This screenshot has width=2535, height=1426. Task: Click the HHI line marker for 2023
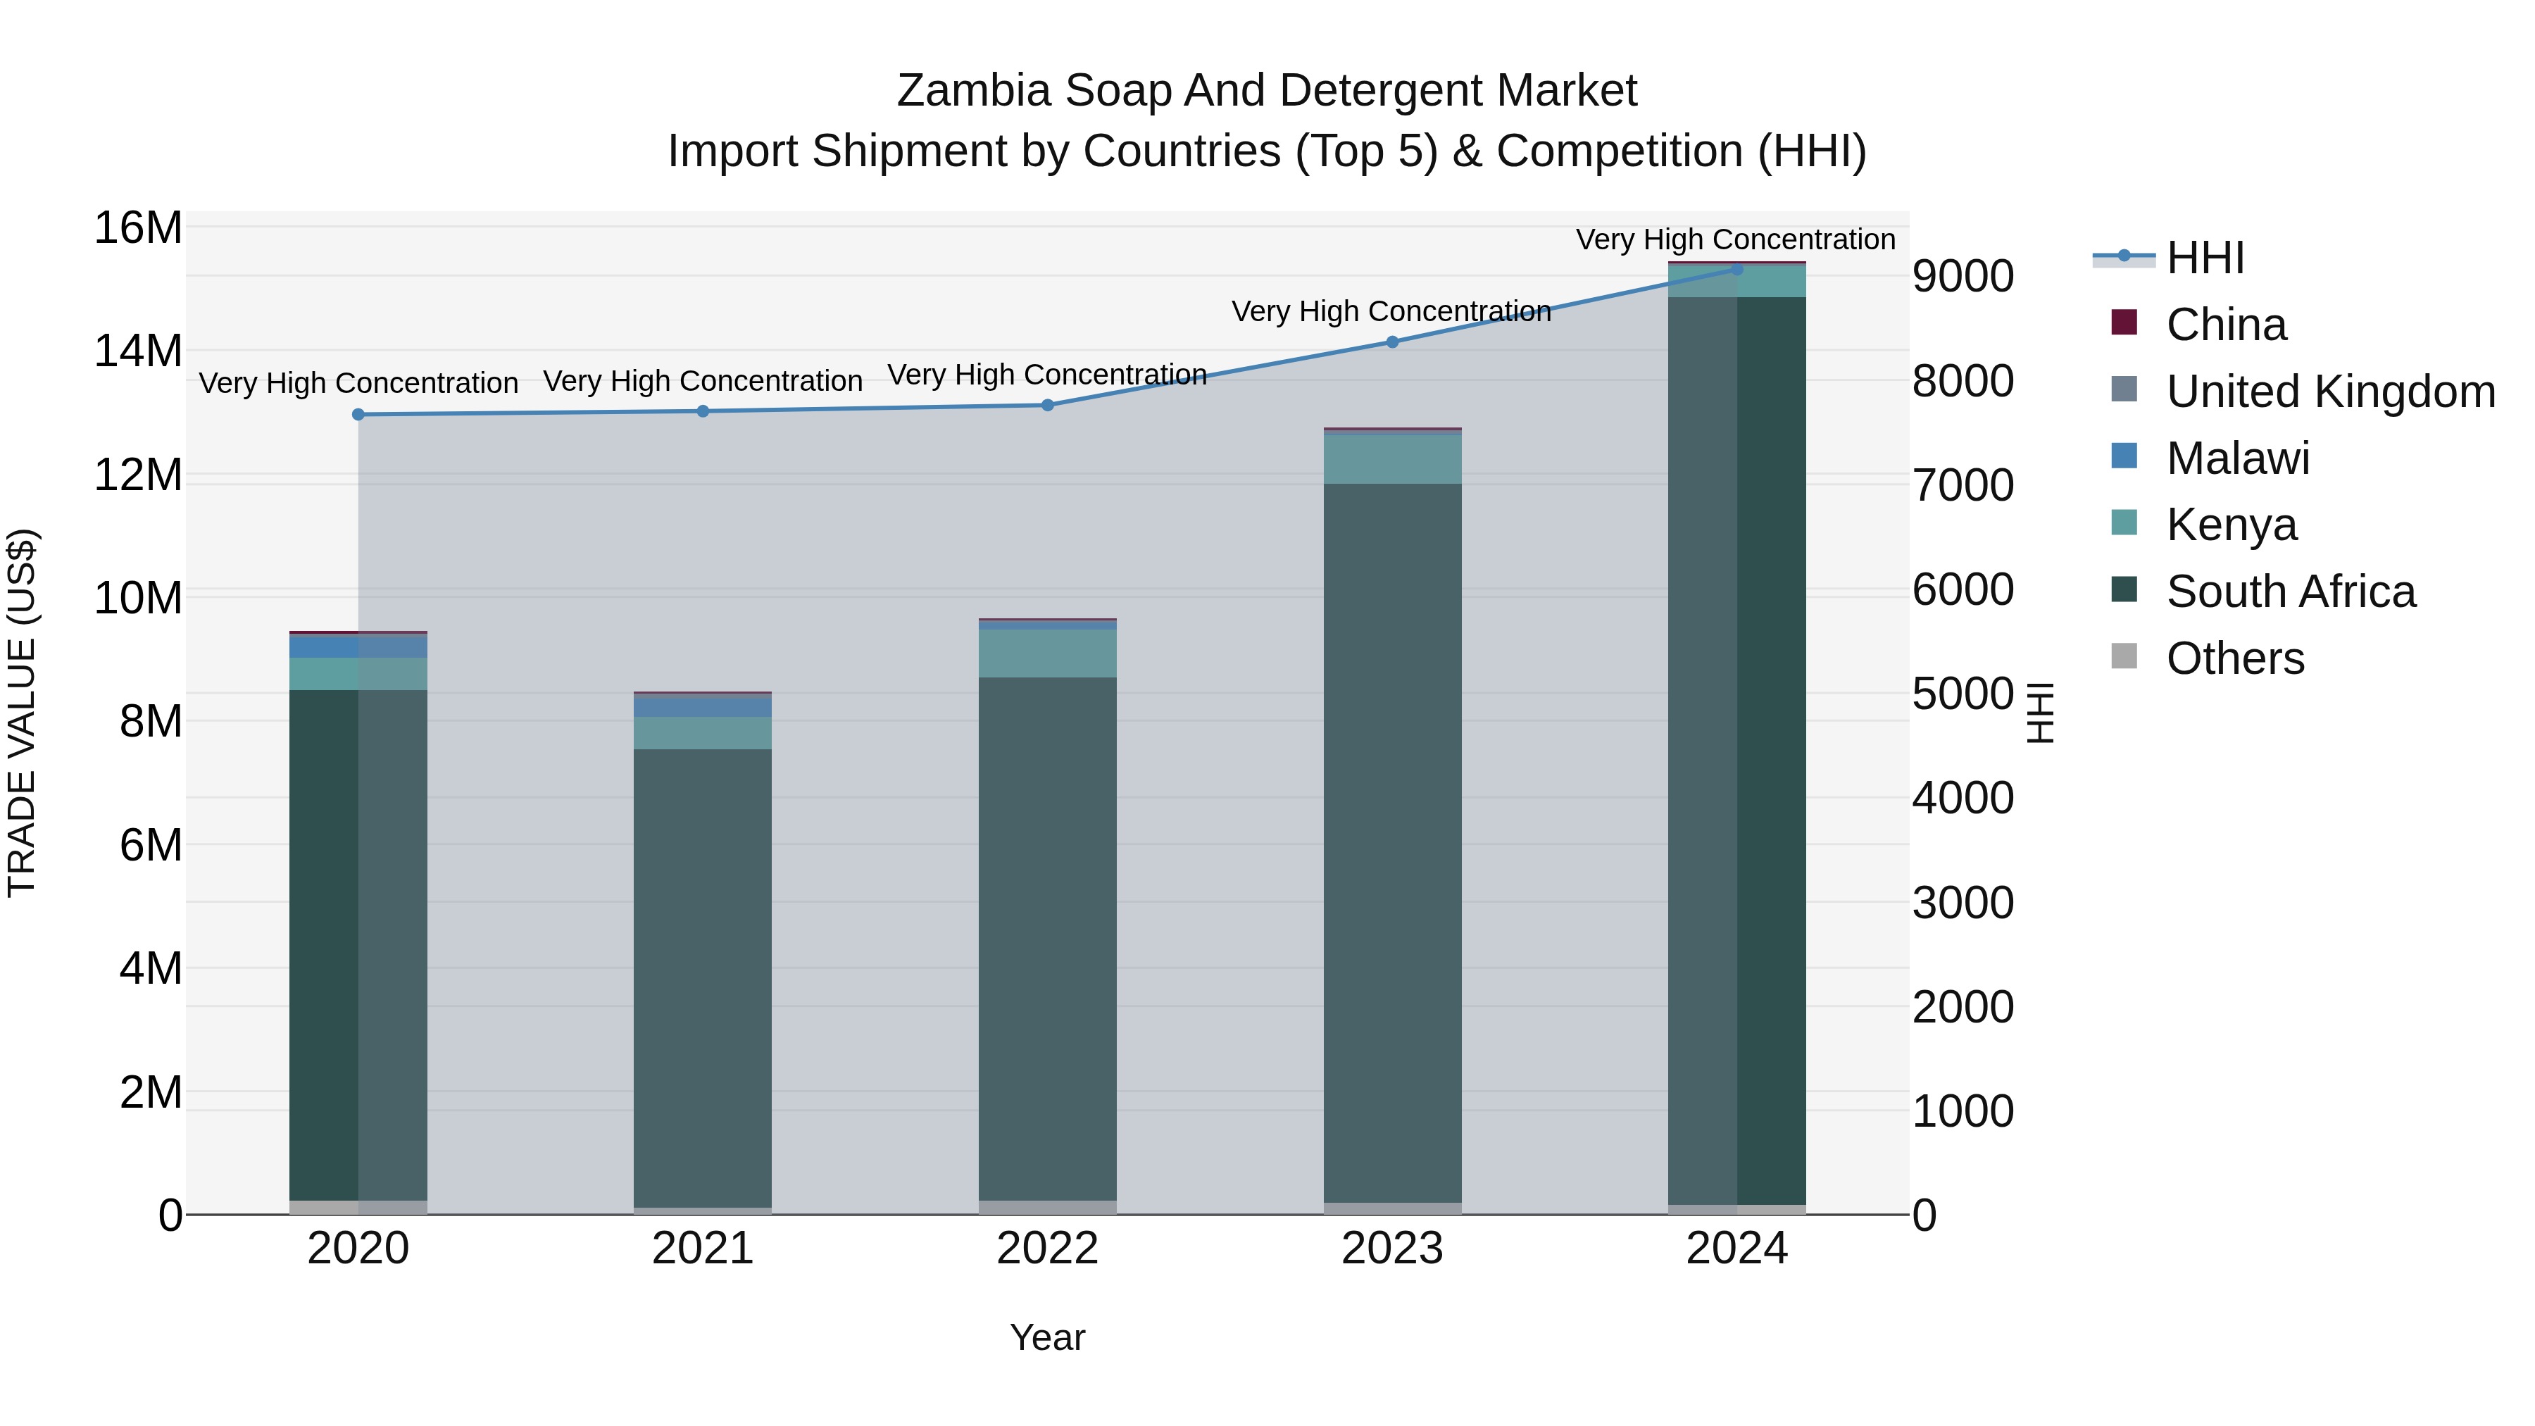(1391, 342)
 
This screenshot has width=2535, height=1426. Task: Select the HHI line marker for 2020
(358, 414)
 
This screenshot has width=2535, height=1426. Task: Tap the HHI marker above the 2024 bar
(1737, 269)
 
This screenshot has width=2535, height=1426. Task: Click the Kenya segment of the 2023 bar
(1391, 458)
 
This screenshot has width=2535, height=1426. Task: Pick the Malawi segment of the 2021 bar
(703, 706)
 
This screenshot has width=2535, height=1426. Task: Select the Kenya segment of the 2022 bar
(1047, 653)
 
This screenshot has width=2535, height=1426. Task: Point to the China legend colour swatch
(2124, 323)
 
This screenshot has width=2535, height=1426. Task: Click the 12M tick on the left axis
(138, 475)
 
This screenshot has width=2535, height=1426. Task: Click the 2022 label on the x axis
(1047, 1248)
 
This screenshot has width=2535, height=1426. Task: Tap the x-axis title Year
(1047, 1337)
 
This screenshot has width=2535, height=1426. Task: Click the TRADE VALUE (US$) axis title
(22, 713)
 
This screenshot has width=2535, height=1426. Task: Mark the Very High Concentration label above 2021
(703, 381)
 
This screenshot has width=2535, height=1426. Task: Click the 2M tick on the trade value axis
(149, 1092)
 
